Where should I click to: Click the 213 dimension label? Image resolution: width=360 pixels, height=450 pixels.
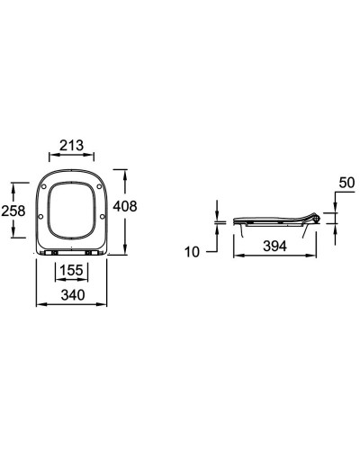71,146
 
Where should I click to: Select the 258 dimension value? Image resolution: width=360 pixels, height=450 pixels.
13,211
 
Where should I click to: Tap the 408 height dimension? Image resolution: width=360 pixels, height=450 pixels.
125,206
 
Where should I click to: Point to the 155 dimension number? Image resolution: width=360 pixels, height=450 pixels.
71,270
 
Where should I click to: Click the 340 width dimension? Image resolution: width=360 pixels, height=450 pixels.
73,295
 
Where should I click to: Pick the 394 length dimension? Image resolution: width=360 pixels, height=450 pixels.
274,246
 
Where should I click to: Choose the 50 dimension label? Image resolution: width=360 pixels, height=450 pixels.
346,183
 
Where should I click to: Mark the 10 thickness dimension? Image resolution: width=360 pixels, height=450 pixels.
193,252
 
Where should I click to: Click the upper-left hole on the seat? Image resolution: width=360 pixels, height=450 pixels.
44,186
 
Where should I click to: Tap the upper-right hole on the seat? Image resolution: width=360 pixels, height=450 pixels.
99,186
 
